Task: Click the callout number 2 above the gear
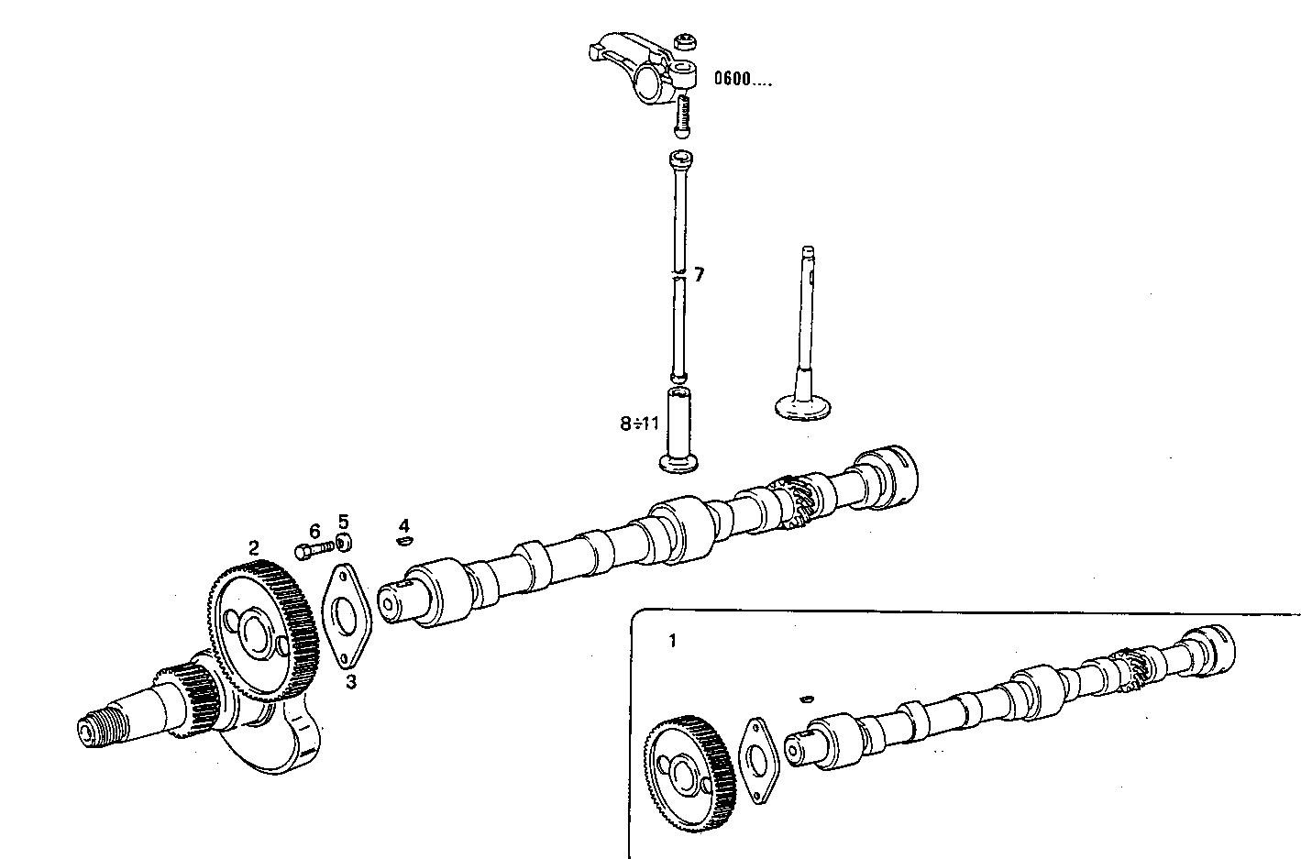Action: click(253, 547)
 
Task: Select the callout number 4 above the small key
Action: click(403, 525)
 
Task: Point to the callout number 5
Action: click(344, 521)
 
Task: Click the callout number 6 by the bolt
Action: click(314, 531)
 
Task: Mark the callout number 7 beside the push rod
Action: click(699, 274)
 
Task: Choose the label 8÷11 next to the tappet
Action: click(639, 424)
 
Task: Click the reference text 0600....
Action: click(743, 80)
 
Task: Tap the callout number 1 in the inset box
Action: click(672, 641)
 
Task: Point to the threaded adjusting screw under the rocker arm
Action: click(683, 116)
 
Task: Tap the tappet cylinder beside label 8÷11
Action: click(678, 429)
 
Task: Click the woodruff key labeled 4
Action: click(403, 542)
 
